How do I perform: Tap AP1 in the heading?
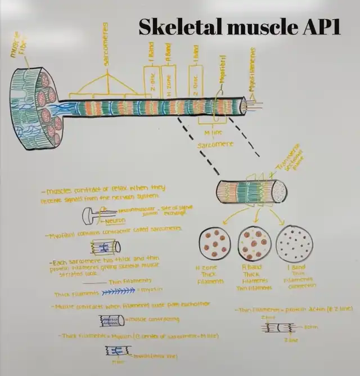(x=321, y=26)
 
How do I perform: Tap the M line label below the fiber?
(x=214, y=132)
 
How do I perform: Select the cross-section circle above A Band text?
(x=254, y=243)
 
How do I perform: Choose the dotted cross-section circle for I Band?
(x=294, y=243)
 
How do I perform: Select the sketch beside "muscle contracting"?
(x=112, y=320)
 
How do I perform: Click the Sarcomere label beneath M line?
(x=215, y=145)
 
